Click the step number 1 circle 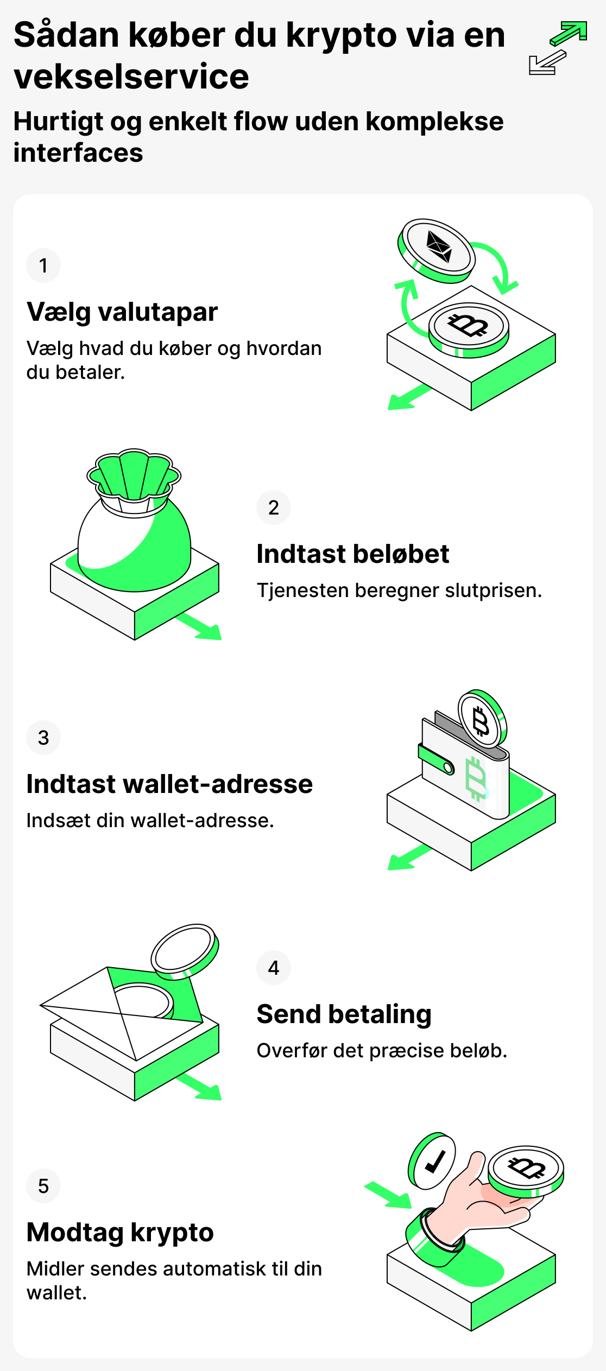43,265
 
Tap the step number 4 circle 274,968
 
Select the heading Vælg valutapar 122,312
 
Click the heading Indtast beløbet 353,554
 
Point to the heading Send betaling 344,1014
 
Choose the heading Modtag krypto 120,1232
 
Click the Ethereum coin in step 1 438,249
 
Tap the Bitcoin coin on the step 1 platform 469,327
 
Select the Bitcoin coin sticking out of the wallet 482,719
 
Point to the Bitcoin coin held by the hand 526,1168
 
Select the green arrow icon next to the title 569,34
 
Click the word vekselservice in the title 131,77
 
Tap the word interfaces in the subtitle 78,153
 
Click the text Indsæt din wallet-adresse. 150,821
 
